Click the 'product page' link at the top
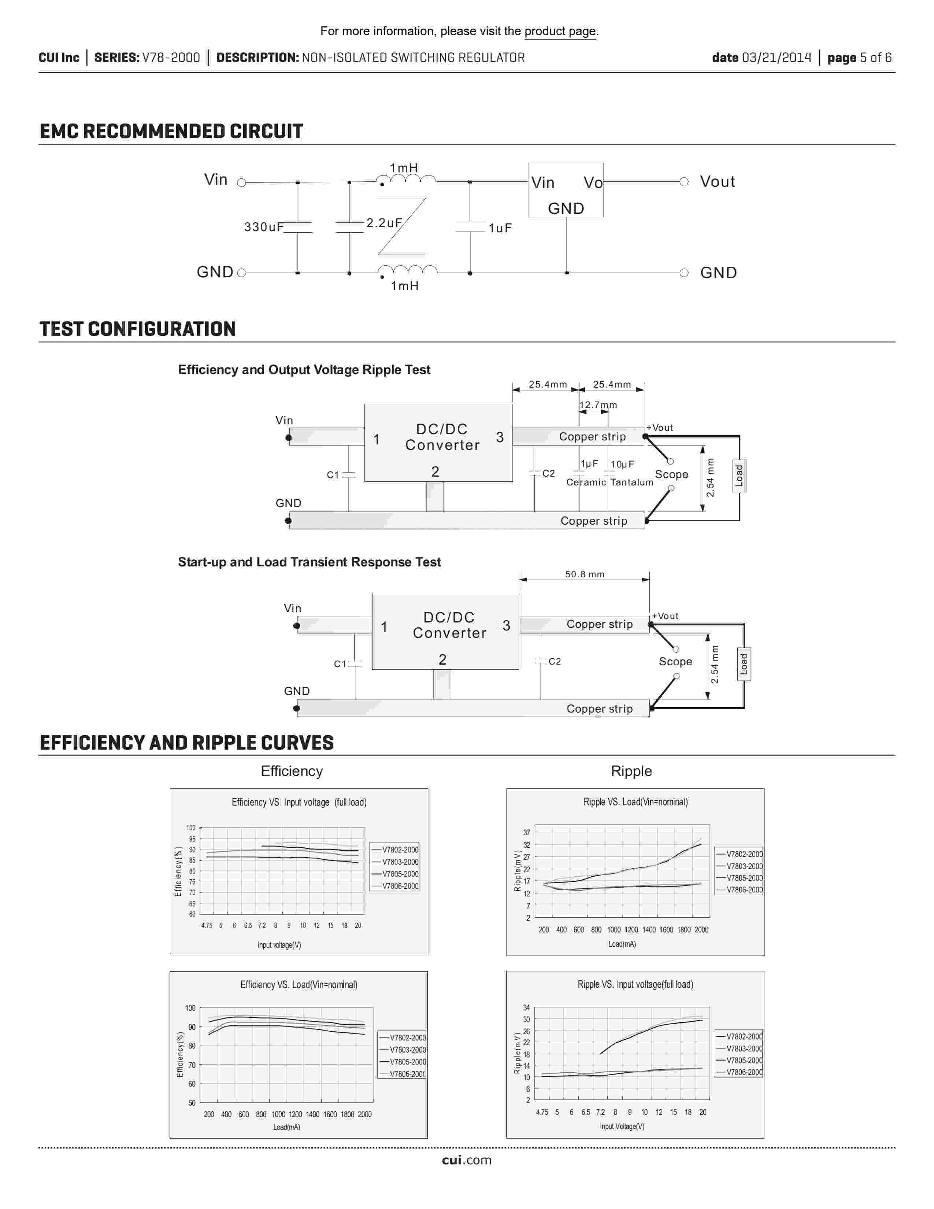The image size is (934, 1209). click(560, 32)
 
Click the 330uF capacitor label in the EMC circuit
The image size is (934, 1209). click(263, 227)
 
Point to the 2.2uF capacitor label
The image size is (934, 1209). click(383, 223)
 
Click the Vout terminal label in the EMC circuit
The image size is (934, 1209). click(717, 182)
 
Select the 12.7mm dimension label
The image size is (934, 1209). click(598, 405)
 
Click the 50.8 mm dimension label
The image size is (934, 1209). click(584, 574)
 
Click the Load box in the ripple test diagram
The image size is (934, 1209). click(739, 476)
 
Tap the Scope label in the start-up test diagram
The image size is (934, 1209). click(675, 662)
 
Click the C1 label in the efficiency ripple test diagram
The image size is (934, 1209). click(333, 475)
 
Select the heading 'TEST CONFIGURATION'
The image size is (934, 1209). click(138, 329)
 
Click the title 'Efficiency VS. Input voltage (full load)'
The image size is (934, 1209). click(299, 802)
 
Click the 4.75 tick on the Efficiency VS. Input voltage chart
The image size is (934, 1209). click(206, 925)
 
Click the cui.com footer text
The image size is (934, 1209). click(466, 1160)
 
